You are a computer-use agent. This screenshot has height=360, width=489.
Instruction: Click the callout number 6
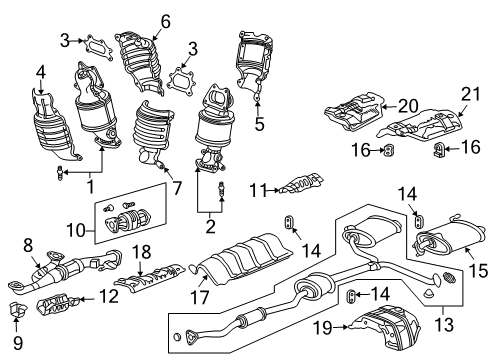click(x=165, y=21)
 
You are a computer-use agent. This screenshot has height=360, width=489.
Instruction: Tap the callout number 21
click(x=471, y=94)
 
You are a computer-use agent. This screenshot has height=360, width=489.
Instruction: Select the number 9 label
click(x=17, y=342)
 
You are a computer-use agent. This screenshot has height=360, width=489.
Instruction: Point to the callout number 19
click(x=322, y=328)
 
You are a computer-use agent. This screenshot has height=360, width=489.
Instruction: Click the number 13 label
click(x=444, y=324)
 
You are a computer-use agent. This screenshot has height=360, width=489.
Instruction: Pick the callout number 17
click(x=199, y=297)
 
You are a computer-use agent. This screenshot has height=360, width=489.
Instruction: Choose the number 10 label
click(x=76, y=230)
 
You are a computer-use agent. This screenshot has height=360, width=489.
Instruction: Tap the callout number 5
click(x=259, y=123)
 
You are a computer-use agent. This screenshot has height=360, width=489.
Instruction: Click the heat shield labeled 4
click(x=55, y=123)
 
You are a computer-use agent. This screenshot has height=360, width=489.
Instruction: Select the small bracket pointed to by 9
click(x=16, y=309)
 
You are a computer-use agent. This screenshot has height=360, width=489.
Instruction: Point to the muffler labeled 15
click(x=449, y=239)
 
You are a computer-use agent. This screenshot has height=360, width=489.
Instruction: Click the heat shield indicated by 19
click(x=386, y=328)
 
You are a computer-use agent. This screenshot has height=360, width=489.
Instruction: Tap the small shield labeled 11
click(x=302, y=183)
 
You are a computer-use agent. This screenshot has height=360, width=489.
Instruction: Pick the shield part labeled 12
click(x=57, y=303)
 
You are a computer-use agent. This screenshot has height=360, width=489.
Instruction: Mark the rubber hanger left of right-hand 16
click(x=438, y=149)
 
